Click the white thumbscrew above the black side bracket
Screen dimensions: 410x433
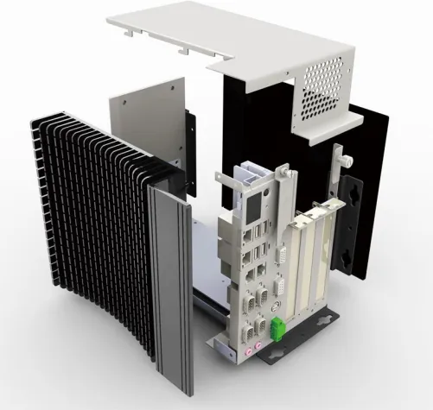point(344,160)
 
